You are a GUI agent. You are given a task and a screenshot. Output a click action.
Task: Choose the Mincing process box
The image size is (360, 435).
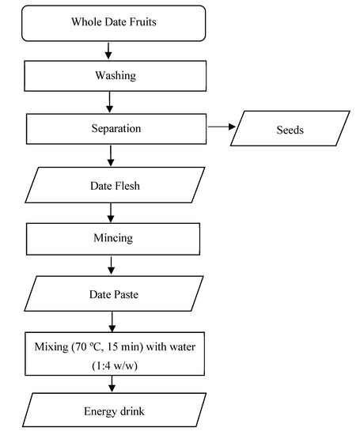110,236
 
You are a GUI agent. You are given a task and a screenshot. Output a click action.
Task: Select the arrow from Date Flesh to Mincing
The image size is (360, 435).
110,212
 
